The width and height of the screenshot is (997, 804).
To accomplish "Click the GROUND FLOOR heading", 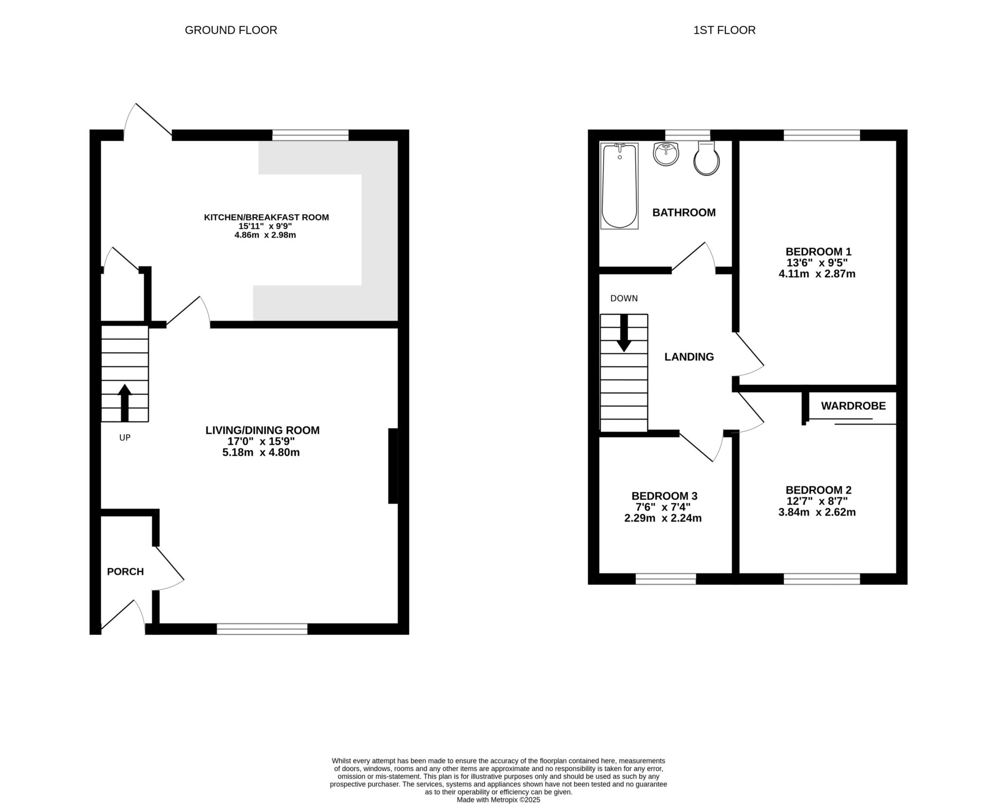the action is [231, 30].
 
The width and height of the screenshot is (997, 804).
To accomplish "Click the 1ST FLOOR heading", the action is [724, 30].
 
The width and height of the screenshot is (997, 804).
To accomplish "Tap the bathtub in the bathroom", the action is [619, 186].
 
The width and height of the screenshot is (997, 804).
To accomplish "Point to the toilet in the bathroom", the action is [706, 158].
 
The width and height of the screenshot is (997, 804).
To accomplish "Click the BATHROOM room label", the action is [684, 212].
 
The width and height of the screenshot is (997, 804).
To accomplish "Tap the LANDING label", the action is [689, 357].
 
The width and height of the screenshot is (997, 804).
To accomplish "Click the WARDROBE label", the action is [853, 406].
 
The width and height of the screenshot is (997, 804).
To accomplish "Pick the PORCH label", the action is [125, 572].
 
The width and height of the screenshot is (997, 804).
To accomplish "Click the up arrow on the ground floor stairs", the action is [125, 402].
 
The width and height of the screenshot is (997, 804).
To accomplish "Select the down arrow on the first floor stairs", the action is [624, 333].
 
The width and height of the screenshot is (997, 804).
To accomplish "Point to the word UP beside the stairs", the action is [125, 438].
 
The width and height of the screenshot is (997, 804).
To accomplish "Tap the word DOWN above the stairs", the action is [624, 298].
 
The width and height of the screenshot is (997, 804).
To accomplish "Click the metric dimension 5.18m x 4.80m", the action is [261, 452].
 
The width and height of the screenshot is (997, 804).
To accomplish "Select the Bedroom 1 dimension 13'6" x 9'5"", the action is [817, 263].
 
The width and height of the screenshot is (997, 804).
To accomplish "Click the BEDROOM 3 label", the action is [665, 496].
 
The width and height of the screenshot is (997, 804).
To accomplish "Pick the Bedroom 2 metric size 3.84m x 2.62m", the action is [817, 512].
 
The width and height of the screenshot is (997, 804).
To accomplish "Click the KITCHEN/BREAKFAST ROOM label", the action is [266, 217].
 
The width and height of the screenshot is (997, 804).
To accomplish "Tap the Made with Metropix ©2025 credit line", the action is [498, 800].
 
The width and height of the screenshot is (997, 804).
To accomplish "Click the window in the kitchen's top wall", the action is [311, 135].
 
